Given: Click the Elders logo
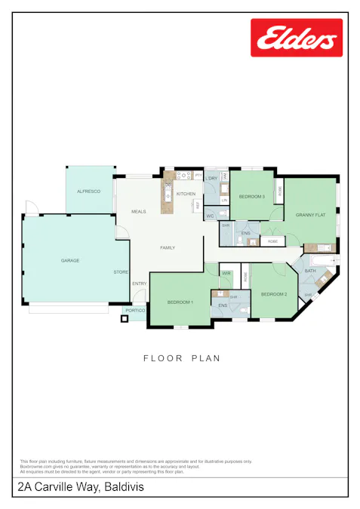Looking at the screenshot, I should tap(297, 38).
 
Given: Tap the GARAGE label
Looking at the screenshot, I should tap(70, 260).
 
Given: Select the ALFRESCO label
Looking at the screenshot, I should tap(88, 192).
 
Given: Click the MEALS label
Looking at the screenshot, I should tap(138, 211).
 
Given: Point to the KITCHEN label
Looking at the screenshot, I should tap(186, 194).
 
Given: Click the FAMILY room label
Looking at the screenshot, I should tap(168, 247).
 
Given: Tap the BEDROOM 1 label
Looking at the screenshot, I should tap(180, 302).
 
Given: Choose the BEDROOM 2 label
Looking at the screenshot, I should tap(274, 293).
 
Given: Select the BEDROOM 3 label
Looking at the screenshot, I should tap(251, 196).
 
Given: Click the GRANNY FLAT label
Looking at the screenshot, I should tap(310, 215).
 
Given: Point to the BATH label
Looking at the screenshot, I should tap(310, 270).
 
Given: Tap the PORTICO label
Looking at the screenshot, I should tap(135, 310).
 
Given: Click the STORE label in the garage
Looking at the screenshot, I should tap(121, 271).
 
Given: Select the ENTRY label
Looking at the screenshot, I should tap(140, 284).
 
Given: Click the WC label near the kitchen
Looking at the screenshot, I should tap(211, 216).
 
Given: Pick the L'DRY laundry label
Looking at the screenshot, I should tap(212, 177).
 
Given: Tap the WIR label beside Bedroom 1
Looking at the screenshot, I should tap(226, 273).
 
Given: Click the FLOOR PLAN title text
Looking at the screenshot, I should tap(182, 358).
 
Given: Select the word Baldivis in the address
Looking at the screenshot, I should tap(124, 488).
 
